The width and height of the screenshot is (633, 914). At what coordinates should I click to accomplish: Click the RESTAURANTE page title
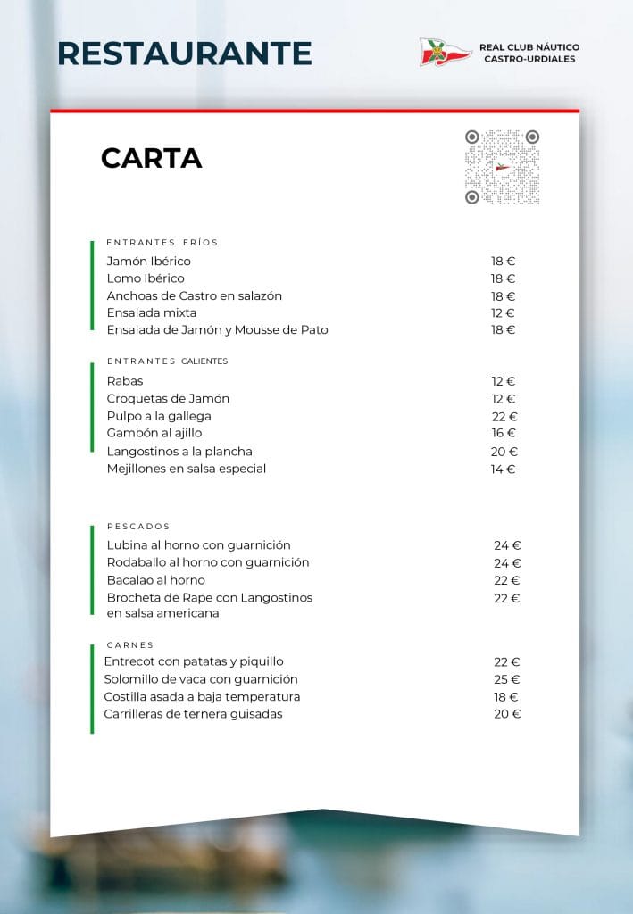tap(184, 54)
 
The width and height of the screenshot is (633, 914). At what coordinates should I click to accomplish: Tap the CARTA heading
tap(151, 158)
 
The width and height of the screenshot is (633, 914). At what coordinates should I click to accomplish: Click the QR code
tap(502, 167)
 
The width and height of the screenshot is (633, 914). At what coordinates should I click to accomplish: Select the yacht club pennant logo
tap(445, 52)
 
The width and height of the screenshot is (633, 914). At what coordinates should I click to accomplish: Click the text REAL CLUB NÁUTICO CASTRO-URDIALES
tap(529, 53)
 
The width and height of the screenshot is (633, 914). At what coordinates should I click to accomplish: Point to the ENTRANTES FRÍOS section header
tap(162, 242)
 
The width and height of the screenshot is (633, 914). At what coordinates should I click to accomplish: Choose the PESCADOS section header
tap(138, 527)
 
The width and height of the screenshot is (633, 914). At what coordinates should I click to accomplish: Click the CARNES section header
tap(130, 644)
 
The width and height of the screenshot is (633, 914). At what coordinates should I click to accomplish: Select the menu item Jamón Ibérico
tap(148, 262)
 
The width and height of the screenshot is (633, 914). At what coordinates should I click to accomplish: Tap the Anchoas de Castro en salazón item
tap(194, 295)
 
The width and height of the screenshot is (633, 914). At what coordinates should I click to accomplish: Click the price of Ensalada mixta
tap(503, 313)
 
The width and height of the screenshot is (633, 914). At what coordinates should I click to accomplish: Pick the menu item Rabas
tap(125, 381)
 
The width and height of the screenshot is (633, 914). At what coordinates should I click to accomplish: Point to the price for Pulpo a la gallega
tap(504, 417)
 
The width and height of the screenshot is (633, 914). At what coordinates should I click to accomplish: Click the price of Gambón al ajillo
tap(504, 434)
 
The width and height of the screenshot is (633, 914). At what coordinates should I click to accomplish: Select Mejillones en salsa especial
tap(186, 469)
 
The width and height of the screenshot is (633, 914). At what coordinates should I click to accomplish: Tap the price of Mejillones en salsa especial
tap(503, 469)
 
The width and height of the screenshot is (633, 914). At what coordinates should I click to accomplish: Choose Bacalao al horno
tap(155, 580)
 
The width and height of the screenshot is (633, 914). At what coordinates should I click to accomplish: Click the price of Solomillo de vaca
tap(506, 680)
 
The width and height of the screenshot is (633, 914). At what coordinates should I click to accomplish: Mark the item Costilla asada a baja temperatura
tap(202, 696)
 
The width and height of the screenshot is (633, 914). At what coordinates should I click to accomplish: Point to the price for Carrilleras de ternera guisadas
tap(506, 714)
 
